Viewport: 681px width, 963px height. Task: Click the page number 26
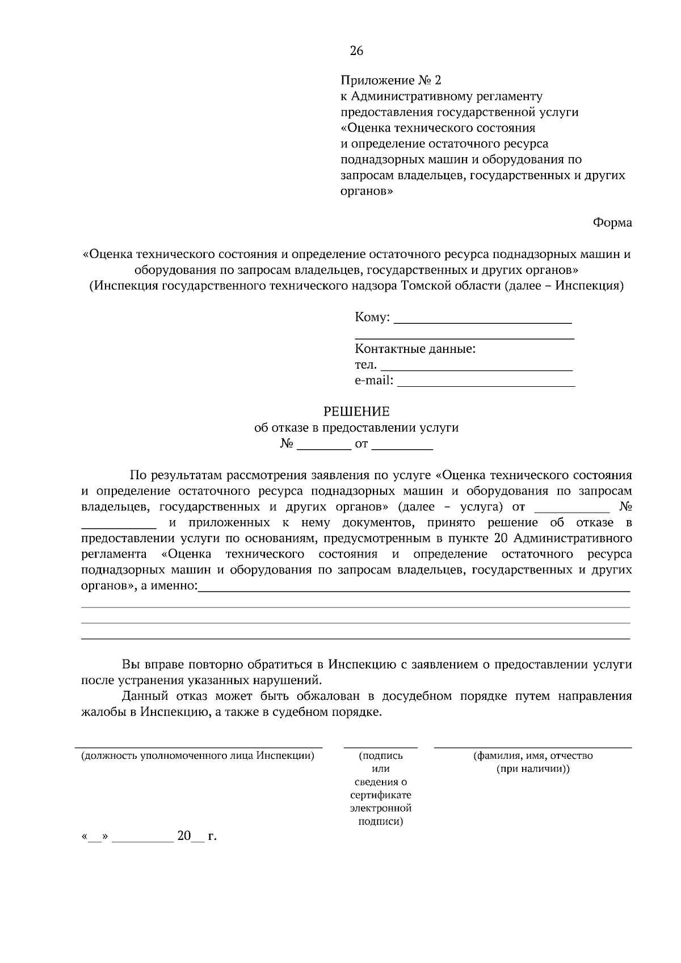click(356, 51)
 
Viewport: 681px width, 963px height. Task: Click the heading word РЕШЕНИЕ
click(356, 411)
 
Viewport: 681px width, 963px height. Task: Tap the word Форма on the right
click(612, 223)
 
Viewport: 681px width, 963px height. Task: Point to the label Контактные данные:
click(415, 349)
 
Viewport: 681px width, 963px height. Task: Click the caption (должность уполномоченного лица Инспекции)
click(197, 756)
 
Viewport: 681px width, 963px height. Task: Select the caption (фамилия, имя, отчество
click(533, 756)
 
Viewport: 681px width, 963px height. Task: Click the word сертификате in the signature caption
click(381, 795)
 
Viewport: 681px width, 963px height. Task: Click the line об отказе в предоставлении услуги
click(356, 428)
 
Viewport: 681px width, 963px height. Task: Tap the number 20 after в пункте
click(493, 538)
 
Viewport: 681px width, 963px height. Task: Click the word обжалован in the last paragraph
click(326, 696)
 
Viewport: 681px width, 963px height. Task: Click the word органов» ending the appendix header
click(366, 191)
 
